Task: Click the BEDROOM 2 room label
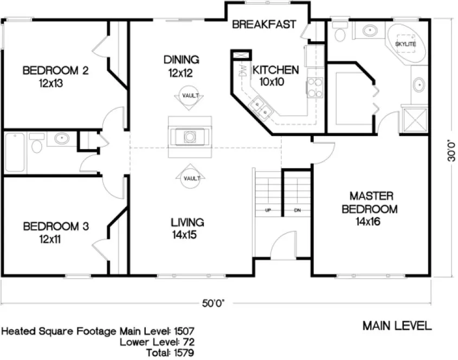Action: pos(55,76)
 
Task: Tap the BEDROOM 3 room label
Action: pos(55,232)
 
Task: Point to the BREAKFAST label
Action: pos(264,24)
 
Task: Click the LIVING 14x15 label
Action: pos(187,228)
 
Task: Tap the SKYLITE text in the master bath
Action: pos(405,43)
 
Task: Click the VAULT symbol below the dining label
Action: pos(190,96)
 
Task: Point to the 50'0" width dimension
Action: pos(213,303)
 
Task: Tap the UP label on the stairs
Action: pos(268,210)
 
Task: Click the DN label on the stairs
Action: pos(297,210)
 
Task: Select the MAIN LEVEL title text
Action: pos(397,326)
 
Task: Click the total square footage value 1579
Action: pos(184,352)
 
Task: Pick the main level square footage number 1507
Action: pos(184,330)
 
